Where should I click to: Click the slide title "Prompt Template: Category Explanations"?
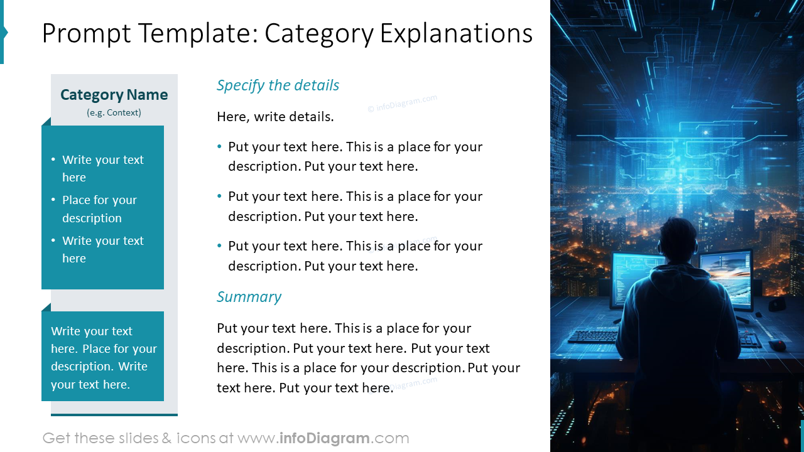point(287,33)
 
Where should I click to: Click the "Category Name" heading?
point(114,95)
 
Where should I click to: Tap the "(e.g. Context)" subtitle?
point(114,113)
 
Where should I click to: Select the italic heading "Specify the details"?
point(278,85)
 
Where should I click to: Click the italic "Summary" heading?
point(249,297)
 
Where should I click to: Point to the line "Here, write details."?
point(275,117)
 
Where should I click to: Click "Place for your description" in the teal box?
point(99,209)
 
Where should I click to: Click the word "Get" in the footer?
point(56,438)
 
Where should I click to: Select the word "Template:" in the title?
point(199,33)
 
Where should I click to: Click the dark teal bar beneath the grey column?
point(114,414)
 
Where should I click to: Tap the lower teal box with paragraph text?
point(103,357)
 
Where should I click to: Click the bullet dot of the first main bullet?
point(220,147)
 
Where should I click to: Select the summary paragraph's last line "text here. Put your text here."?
point(305,388)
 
